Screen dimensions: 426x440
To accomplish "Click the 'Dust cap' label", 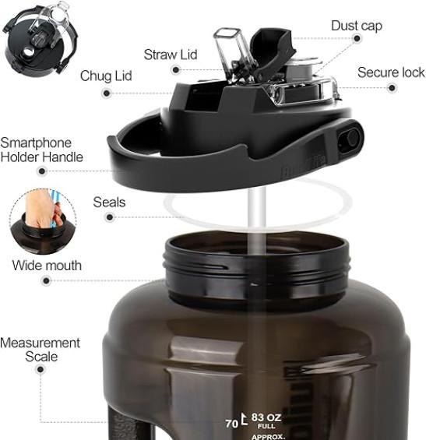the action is [x=357, y=26].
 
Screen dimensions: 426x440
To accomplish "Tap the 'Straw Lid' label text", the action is [x=171, y=55].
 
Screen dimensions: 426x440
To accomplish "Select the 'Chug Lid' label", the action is [x=106, y=76].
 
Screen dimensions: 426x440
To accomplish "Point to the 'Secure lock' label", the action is [x=391, y=72].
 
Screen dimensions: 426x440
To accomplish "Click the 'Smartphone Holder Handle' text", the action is [x=41, y=150].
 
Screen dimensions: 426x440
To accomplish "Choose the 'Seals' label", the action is [x=109, y=202].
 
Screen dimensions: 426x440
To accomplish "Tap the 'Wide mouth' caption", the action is [x=47, y=266].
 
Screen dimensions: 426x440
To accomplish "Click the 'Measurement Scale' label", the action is [x=40, y=350].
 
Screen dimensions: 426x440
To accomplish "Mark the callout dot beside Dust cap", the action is [x=357, y=38].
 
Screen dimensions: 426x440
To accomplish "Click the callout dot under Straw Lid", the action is [x=176, y=69].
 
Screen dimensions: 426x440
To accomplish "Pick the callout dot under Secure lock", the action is [x=392, y=88].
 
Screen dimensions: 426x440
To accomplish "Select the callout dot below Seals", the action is [x=110, y=217].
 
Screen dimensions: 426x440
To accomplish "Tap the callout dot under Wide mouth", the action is [x=46, y=280].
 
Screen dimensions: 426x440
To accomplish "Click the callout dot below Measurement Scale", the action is [x=40, y=370].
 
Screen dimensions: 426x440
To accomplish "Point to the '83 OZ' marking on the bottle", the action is [x=266, y=417].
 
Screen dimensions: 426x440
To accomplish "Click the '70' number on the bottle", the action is [x=232, y=424].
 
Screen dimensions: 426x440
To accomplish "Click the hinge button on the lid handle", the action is [x=350, y=139].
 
